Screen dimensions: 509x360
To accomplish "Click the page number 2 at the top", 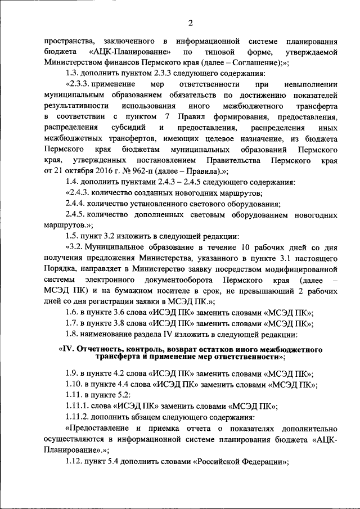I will click(190, 23).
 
